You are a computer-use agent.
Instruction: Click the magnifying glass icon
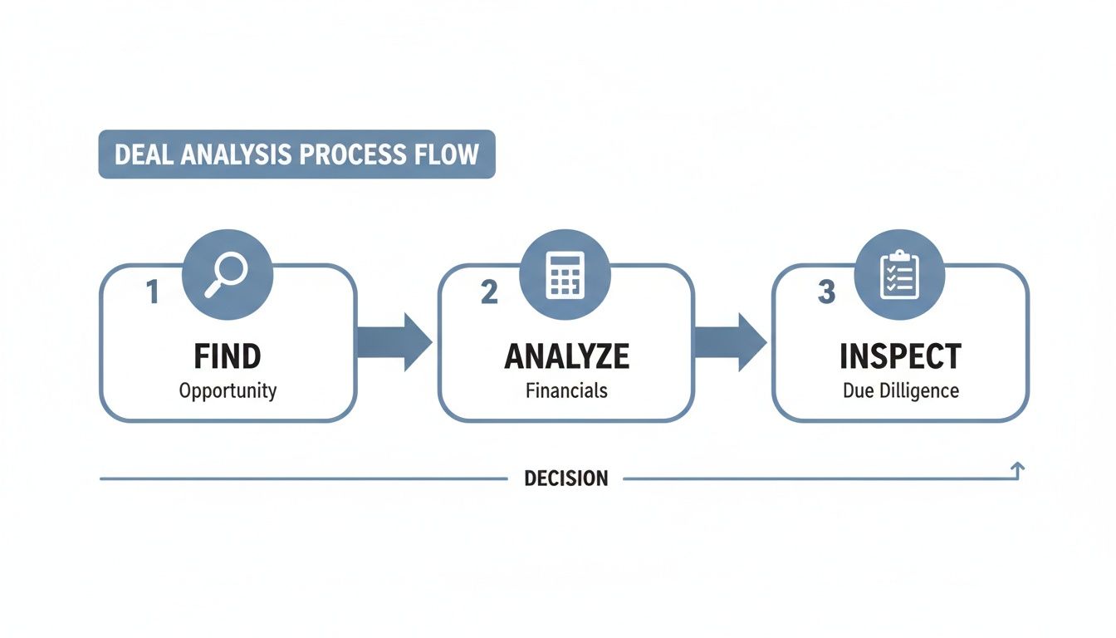pos(226,274)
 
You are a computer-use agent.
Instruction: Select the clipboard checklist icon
pos(899,275)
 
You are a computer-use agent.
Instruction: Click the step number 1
pos(152,292)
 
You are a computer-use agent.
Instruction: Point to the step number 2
pos(489,292)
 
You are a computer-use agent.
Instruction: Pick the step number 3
pos(826,292)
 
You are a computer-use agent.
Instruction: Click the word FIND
pos(228,356)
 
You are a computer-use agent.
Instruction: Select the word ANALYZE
pos(566,356)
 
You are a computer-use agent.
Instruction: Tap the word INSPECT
pos(900,356)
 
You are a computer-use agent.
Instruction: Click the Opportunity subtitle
pos(228,390)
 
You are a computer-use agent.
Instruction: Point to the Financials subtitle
pos(566,390)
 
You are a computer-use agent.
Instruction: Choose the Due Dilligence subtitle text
pos(900,390)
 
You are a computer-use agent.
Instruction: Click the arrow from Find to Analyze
pos(395,341)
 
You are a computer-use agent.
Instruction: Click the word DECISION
pos(565,479)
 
